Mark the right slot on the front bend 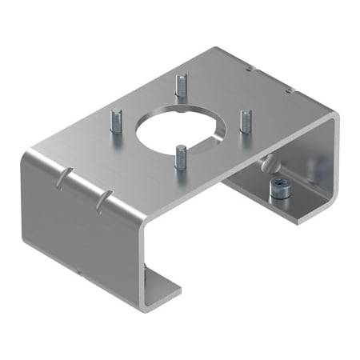[x=102, y=199]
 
